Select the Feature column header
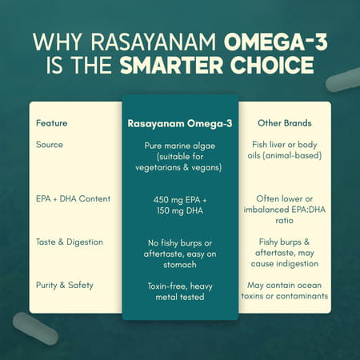[x=52, y=123]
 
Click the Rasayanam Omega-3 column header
[x=180, y=123]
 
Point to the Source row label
[x=50, y=145]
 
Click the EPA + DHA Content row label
[x=74, y=198]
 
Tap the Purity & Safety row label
[x=66, y=284]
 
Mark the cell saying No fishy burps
[x=180, y=252]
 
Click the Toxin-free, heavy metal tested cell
[x=180, y=290]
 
